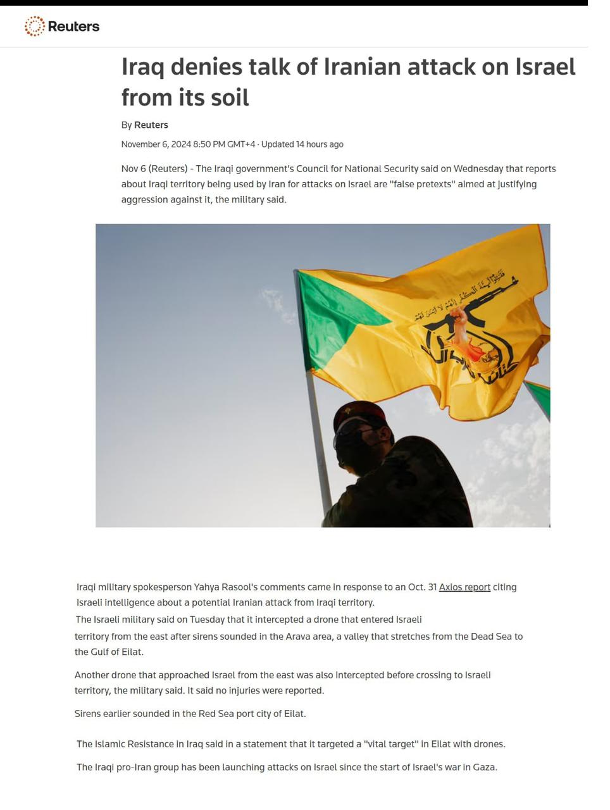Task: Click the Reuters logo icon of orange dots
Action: tap(34, 26)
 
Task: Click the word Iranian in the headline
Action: tap(361, 66)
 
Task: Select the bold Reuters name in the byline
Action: tap(151, 125)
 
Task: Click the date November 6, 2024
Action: tap(156, 144)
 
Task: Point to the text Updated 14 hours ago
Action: tap(302, 144)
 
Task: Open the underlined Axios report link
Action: tap(464, 587)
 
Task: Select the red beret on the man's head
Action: tap(359, 412)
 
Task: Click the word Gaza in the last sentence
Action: tap(484, 767)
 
